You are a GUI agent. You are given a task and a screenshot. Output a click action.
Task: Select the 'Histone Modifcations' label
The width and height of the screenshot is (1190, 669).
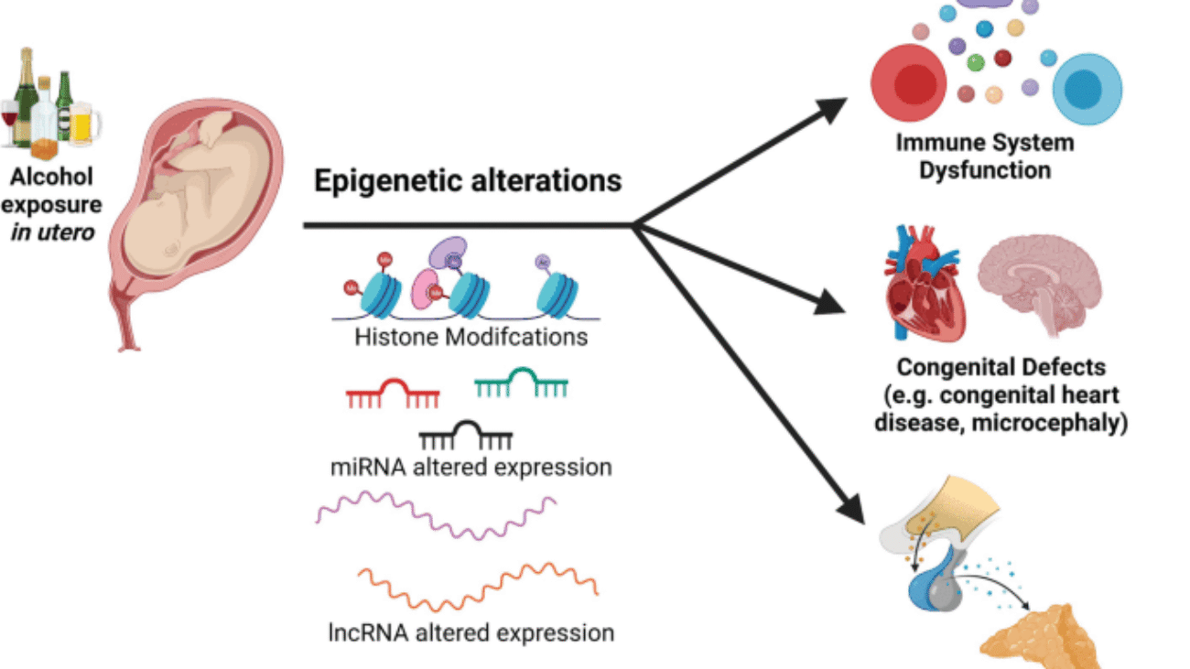coord(471,338)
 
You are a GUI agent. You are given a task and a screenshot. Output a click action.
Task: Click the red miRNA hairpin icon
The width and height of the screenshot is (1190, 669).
coord(393,394)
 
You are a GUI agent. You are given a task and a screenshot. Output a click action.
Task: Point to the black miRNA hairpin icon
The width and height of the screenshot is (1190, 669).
coord(465,436)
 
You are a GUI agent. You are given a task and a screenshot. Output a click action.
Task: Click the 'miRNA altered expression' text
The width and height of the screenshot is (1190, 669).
coord(471,468)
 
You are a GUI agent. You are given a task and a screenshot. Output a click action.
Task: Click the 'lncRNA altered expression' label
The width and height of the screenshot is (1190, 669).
coord(471,631)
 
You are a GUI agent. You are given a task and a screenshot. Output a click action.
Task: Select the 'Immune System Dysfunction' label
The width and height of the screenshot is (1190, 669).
coord(985,156)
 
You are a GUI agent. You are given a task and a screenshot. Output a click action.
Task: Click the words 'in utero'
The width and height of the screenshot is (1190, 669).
coord(52,232)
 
